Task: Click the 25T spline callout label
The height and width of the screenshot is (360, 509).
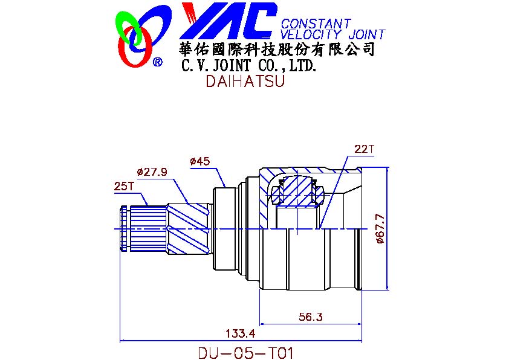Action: point(124,187)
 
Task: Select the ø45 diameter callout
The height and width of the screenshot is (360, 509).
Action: point(199,161)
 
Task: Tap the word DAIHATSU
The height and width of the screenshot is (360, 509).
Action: point(245,82)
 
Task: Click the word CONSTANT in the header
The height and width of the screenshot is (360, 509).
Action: point(316,24)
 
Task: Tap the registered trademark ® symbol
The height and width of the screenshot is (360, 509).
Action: point(158,62)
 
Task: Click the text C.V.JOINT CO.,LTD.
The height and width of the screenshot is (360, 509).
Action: point(249,65)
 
